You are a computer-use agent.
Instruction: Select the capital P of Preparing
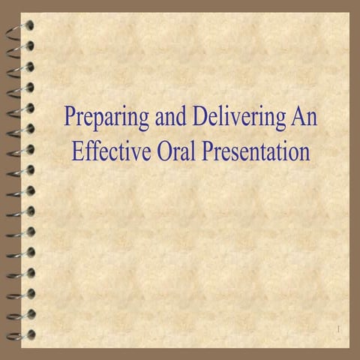tap(70, 118)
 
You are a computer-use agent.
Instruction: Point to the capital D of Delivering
tap(200, 118)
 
